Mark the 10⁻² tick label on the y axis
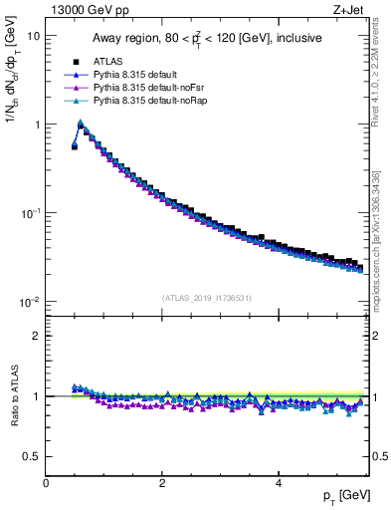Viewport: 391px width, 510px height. coord(30,302)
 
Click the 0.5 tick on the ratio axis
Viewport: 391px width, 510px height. coord(31,456)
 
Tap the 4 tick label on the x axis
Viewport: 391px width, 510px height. coord(278,483)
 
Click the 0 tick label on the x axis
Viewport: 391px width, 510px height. coord(46,483)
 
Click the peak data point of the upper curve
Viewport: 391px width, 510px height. coord(81,125)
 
